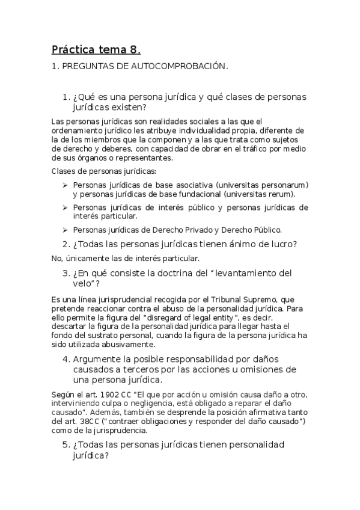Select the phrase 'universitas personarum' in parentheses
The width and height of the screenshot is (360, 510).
(x=263, y=185)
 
